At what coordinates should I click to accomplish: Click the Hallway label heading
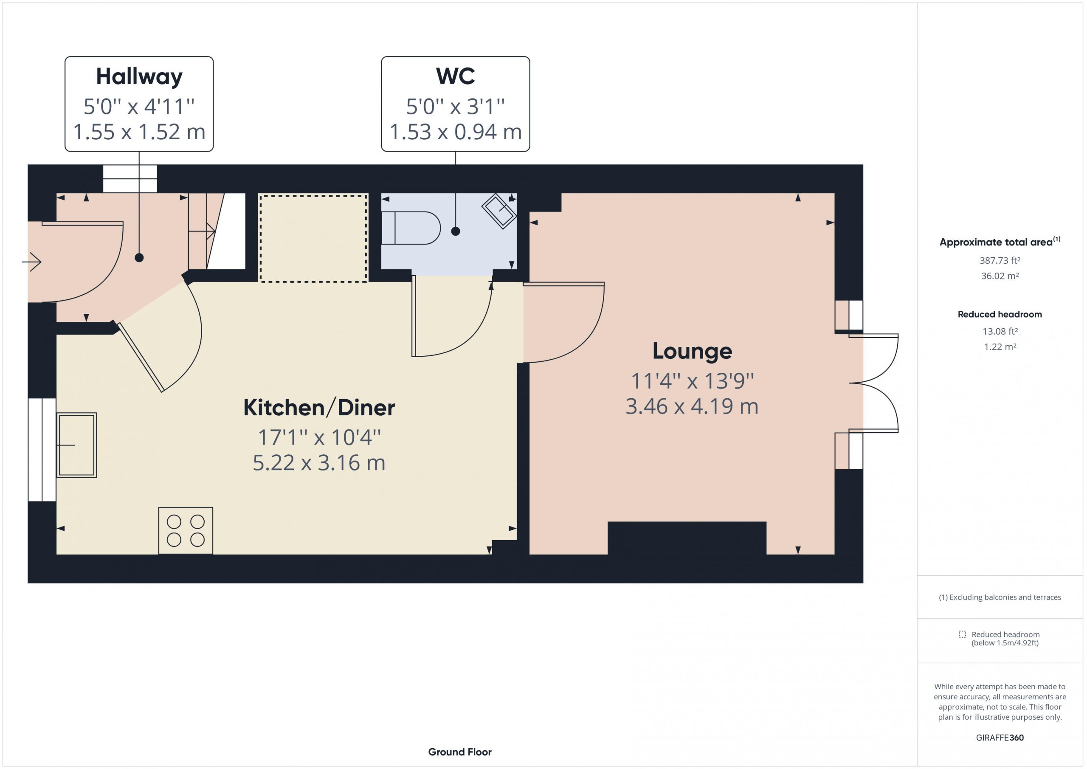(139, 77)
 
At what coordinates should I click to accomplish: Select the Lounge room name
(692, 351)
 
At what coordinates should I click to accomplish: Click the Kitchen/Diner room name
(319, 407)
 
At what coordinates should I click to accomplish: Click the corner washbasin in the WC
(499, 211)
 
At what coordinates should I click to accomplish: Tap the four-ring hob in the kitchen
(186, 530)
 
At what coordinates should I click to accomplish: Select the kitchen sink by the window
(77, 445)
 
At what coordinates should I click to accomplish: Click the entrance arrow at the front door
(32, 262)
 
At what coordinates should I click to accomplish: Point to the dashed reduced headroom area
(313, 238)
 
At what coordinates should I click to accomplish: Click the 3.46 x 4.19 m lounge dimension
(692, 406)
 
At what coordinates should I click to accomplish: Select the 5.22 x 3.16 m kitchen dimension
(318, 462)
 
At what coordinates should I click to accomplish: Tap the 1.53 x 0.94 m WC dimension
(456, 132)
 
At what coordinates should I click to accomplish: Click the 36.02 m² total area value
(1000, 276)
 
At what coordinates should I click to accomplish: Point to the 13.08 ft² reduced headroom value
(1000, 331)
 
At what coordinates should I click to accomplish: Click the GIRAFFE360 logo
(1000, 737)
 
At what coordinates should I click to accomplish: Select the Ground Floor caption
(460, 752)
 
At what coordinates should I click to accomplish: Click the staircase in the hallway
(217, 231)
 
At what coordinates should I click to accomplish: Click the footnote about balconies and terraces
(1000, 597)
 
